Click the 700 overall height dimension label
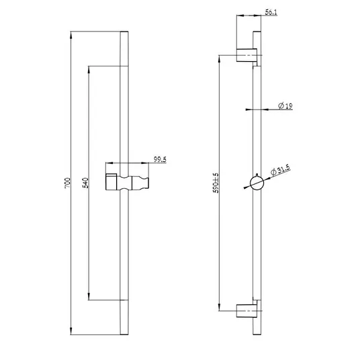pyautogui.click(x=67, y=183)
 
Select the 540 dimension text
pyautogui.click(x=85, y=183)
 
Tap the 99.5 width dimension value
pyautogui.click(x=160, y=159)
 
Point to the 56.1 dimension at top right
pyautogui.click(x=271, y=12)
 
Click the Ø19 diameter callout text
pyautogui.click(x=285, y=106)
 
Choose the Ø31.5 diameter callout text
pyautogui.click(x=280, y=170)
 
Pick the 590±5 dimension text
pyautogui.click(x=216, y=183)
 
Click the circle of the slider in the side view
pyautogui.click(x=257, y=183)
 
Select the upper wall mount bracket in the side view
pyautogui.click(x=246, y=55)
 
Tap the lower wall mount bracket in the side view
pyautogui.click(x=246, y=311)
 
